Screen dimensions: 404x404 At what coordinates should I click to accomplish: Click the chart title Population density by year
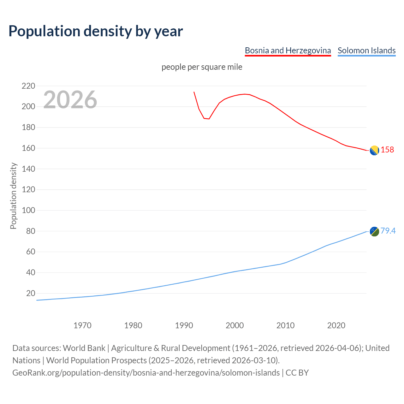click(96, 31)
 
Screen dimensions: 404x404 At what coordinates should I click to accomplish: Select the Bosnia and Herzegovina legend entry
click(288, 50)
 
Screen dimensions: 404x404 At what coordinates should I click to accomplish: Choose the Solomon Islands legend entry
click(366, 50)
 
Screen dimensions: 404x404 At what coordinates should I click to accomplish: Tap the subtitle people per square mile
click(202, 67)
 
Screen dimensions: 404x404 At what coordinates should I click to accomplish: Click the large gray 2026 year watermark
click(70, 100)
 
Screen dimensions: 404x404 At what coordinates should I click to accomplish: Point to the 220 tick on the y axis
click(28, 86)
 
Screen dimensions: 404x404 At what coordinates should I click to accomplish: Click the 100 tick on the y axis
click(28, 210)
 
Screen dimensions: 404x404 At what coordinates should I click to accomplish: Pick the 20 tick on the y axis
click(30, 293)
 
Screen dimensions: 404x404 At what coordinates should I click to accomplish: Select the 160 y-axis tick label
click(28, 148)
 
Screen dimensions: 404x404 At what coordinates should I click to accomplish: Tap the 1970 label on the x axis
click(82, 325)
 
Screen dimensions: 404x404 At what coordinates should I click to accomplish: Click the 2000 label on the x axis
click(235, 325)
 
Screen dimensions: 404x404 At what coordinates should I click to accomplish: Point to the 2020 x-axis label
click(336, 325)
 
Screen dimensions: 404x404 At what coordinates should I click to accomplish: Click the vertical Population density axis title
click(13, 196)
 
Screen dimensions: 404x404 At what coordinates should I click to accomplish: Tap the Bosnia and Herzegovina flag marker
click(374, 150)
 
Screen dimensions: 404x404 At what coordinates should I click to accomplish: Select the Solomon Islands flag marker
click(374, 231)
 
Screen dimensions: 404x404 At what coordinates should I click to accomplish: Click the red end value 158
click(387, 150)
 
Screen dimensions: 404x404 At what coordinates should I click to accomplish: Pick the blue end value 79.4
click(388, 231)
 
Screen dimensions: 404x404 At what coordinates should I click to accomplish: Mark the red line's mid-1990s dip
click(207, 119)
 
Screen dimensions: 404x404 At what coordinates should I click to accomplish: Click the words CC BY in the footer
click(297, 373)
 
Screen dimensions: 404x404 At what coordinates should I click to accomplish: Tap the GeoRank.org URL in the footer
click(146, 373)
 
